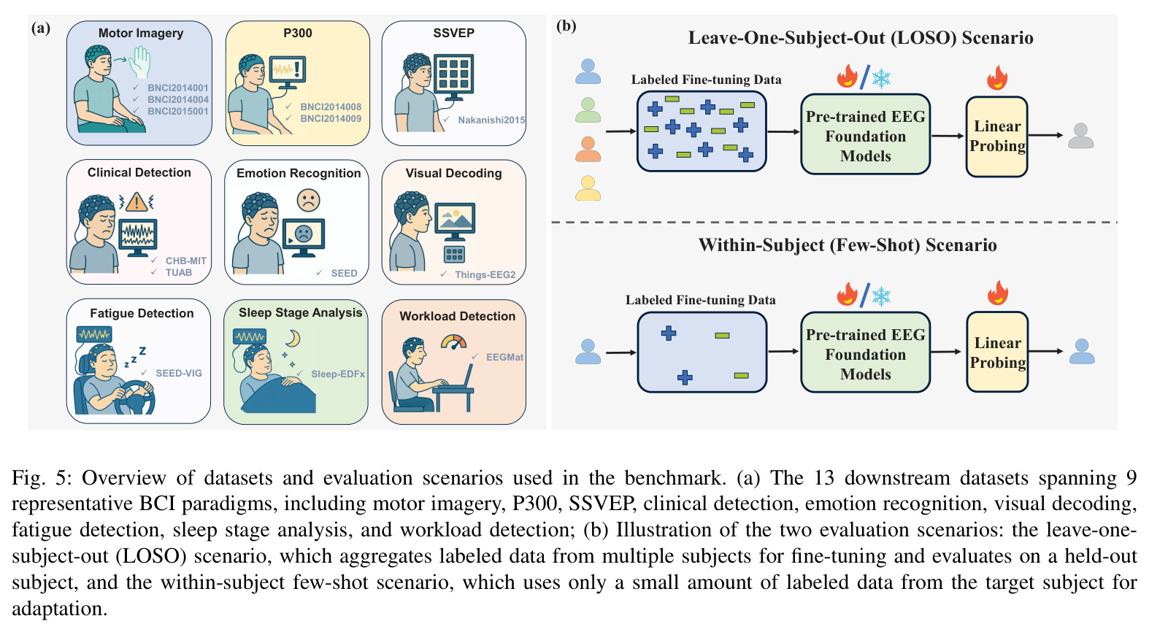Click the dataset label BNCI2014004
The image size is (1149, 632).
click(x=178, y=99)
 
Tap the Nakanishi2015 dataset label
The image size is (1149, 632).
click(x=491, y=120)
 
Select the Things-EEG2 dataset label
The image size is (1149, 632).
click(x=485, y=274)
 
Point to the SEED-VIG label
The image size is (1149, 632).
click(x=179, y=373)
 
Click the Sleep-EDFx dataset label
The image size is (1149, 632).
click(x=338, y=374)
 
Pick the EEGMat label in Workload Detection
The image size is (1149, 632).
click(x=504, y=357)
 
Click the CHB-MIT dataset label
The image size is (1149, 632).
click(x=185, y=261)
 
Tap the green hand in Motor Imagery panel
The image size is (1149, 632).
click(x=140, y=62)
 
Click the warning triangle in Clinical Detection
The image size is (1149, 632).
click(x=137, y=201)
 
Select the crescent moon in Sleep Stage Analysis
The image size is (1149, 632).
click(x=293, y=338)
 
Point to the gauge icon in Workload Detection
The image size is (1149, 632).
click(x=454, y=342)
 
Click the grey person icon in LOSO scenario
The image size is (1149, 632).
click(x=1081, y=136)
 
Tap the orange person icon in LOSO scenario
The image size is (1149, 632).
click(x=588, y=150)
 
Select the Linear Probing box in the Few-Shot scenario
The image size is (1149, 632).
click(x=997, y=352)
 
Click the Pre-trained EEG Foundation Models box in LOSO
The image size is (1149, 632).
click(x=865, y=134)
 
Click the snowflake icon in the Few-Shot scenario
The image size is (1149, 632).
click(x=881, y=296)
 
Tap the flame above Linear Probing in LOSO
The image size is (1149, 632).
click(x=997, y=77)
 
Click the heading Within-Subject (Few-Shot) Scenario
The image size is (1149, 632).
click(x=848, y=245)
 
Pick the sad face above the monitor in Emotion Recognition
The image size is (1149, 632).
click(x=308, y=201)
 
